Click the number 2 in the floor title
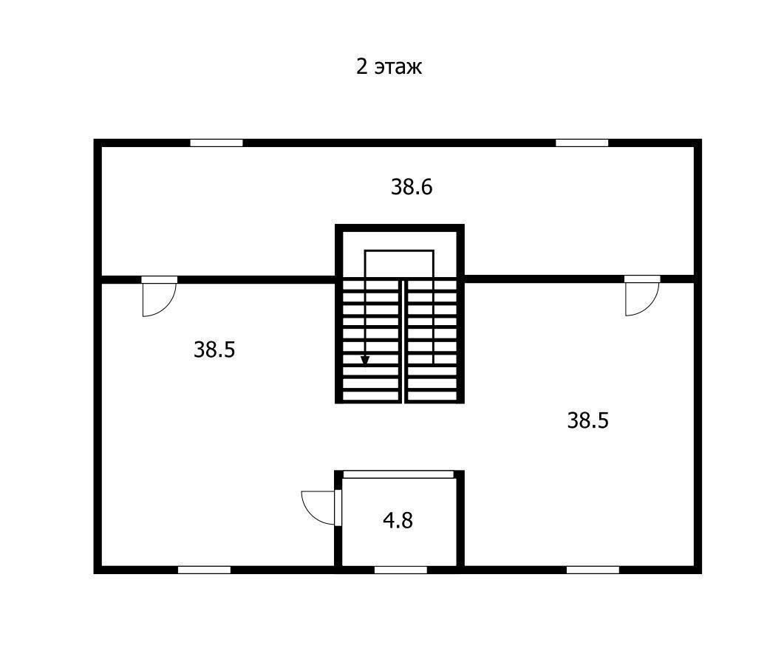click(x=362, y=67)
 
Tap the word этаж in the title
click(x=398, y=68)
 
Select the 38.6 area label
click(x=412, y=188)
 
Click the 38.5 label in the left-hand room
click(x=214, y=350)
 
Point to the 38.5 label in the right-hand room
click(x=587, y=421)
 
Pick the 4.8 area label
click(x=398, y=521)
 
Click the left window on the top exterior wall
click(x=217, y=143)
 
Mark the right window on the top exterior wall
click(x=582, y=143)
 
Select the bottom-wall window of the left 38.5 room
click(x=204, y=570)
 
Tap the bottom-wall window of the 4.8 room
click(x=400, y=570)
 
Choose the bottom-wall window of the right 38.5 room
click(x=593, y=570)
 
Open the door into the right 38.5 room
click(x=641, y=299)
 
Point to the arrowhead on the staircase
click(x=365, y=360)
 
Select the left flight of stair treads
click(x=370, y=340)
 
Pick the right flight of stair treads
click(x=432, y=340)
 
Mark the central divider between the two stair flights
click(x=403, y=340)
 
